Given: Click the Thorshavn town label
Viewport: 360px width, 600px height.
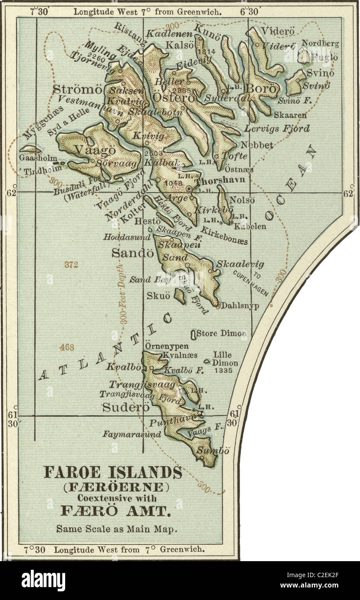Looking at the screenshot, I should [220, 180].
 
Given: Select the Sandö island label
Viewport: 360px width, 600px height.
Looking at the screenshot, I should [126, 253].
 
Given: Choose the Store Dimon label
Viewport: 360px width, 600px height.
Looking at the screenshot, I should [221, 333].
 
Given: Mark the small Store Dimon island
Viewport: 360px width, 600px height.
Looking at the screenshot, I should [193, 334].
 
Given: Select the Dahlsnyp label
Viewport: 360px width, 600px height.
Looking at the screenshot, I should [240, 306].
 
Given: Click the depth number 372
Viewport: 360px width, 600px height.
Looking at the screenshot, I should [71, 265].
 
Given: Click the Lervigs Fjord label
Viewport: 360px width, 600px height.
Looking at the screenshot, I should [277, 128].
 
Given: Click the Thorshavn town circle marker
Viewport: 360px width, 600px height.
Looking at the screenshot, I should [189, 189].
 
